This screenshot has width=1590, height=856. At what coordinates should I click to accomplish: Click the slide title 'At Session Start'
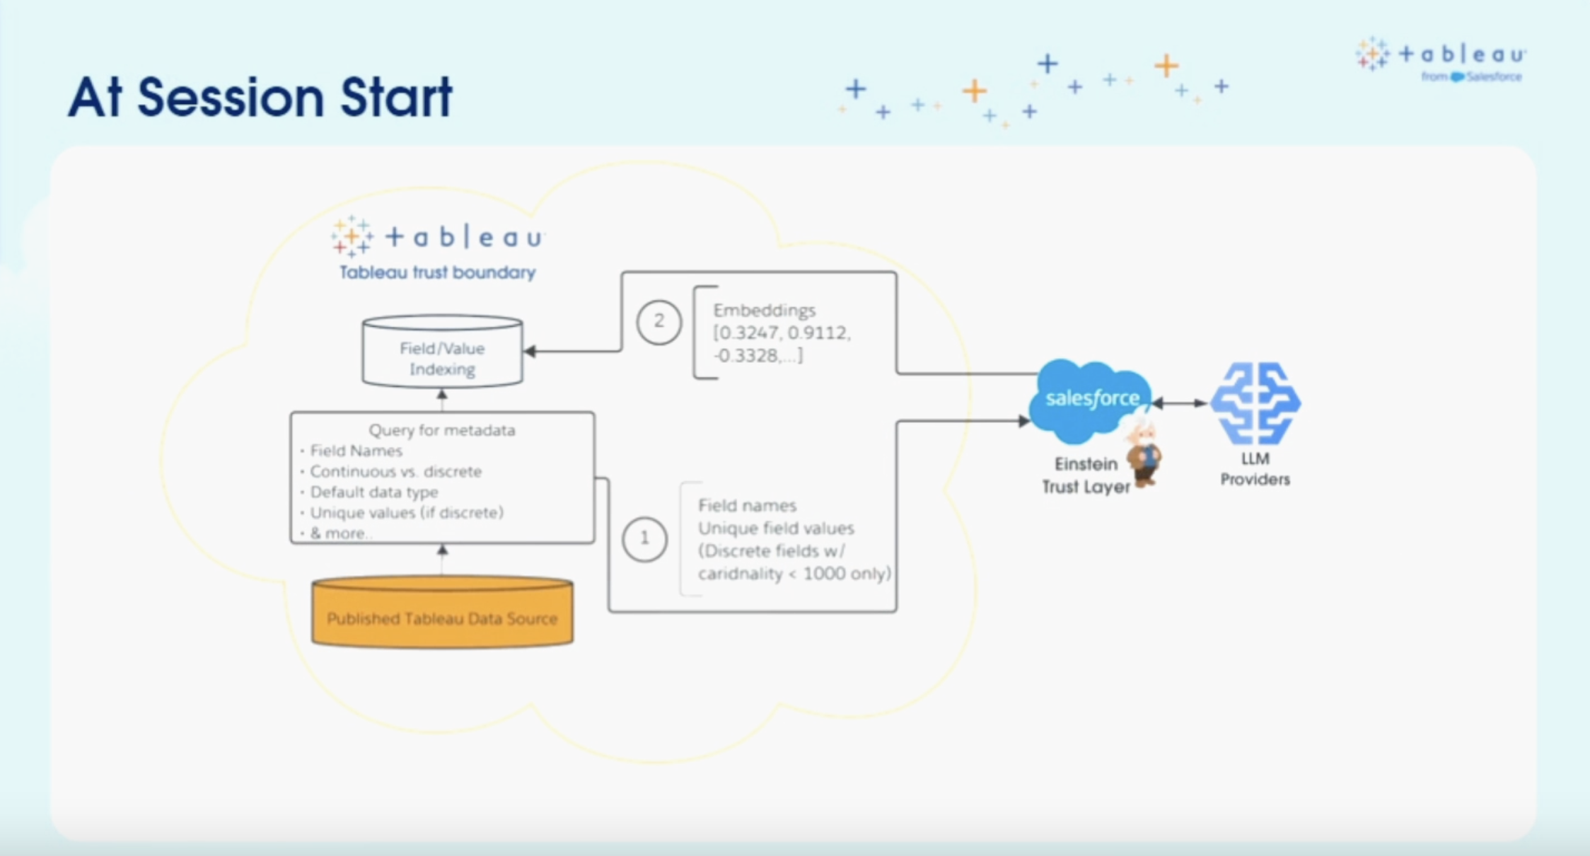(260, 97)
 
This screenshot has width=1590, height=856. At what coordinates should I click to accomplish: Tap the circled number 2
(658, 322)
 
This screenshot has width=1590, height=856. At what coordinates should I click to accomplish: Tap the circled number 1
(644, 539)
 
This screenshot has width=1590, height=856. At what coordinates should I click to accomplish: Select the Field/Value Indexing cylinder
(443, 352)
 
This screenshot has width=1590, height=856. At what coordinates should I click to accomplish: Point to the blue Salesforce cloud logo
(1089, 398)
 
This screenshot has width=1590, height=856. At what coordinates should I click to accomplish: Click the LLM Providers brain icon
(1255, 403)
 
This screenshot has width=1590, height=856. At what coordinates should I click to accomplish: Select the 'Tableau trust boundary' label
(437, 272)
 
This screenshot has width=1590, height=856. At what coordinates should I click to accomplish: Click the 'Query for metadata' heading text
(442, 430)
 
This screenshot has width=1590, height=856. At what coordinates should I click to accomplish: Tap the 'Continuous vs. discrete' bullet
(395, 471)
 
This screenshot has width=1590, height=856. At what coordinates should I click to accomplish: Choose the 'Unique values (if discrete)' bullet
(407, 512)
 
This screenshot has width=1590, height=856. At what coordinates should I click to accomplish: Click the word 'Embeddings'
(764, 310)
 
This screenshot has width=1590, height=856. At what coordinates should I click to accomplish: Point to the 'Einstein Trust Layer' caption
(1086, 475)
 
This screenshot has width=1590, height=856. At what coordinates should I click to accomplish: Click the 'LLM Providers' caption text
(1255, 469)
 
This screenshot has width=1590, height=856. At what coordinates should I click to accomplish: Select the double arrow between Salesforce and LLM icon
(1180, 403)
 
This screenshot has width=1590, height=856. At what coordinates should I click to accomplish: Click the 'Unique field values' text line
(776, 528)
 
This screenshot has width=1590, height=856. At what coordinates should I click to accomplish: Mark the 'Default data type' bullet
(374, 492)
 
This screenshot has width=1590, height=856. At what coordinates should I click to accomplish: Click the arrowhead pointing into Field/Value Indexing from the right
(529, 352)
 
